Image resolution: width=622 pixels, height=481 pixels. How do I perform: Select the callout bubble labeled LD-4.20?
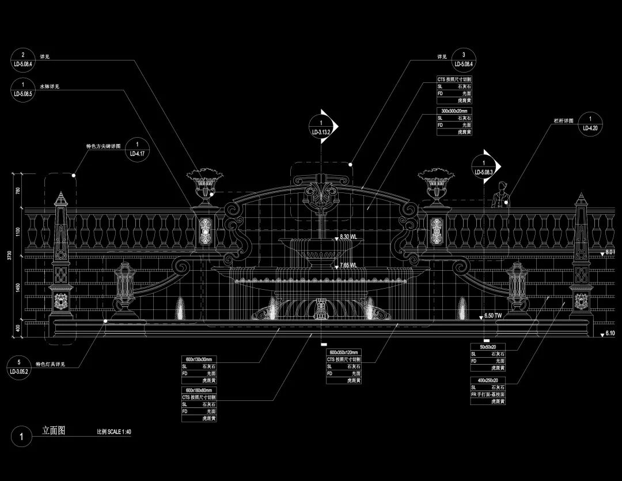[x=590, y=124]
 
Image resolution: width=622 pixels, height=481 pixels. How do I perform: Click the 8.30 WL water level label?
[x=348, y=237]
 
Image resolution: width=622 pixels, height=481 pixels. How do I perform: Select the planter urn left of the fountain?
[x=204, y=186]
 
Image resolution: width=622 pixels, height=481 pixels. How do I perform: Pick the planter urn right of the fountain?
[x=436, y=186]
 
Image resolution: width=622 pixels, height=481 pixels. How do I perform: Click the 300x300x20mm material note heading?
[x=455, y=110]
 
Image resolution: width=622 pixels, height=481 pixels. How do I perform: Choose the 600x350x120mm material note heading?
[x=344, y=352]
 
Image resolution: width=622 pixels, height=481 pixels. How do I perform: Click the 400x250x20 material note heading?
[x=487, y=380]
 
